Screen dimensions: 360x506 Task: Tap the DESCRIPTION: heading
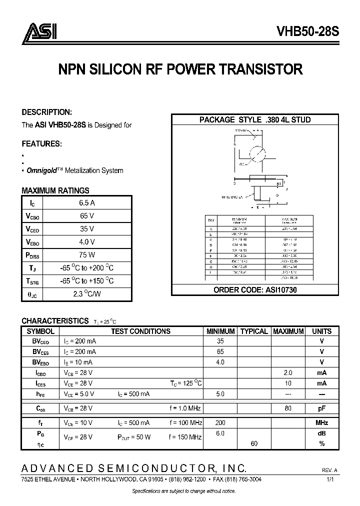[x=47, y=112]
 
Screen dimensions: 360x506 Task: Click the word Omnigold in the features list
[x=41, y=170]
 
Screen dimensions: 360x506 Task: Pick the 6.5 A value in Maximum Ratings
[x=87, y=203]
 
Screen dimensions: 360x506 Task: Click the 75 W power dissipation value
[x=87, y=255]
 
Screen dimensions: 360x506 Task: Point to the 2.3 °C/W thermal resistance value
[x=87, y=294]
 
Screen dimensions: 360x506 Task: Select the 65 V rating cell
[x=87, y=216]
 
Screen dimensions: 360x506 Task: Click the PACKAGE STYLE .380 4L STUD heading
[x=255, y=120]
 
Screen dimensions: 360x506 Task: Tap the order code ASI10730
[x=255, y=290]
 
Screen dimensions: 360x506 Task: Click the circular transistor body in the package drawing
[x=259, y=153]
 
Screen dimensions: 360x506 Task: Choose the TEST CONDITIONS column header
[x=140, y=331]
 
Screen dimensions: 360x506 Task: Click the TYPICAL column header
[x=254, y=331]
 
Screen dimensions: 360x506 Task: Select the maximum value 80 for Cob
[x=288, y=408]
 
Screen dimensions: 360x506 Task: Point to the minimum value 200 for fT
[x=220, y=422]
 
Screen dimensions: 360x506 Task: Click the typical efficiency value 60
[x=254, y=443]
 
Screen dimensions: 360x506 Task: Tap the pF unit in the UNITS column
[x=322, y=408]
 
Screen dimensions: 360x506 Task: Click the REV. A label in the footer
[x=329, y=470]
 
